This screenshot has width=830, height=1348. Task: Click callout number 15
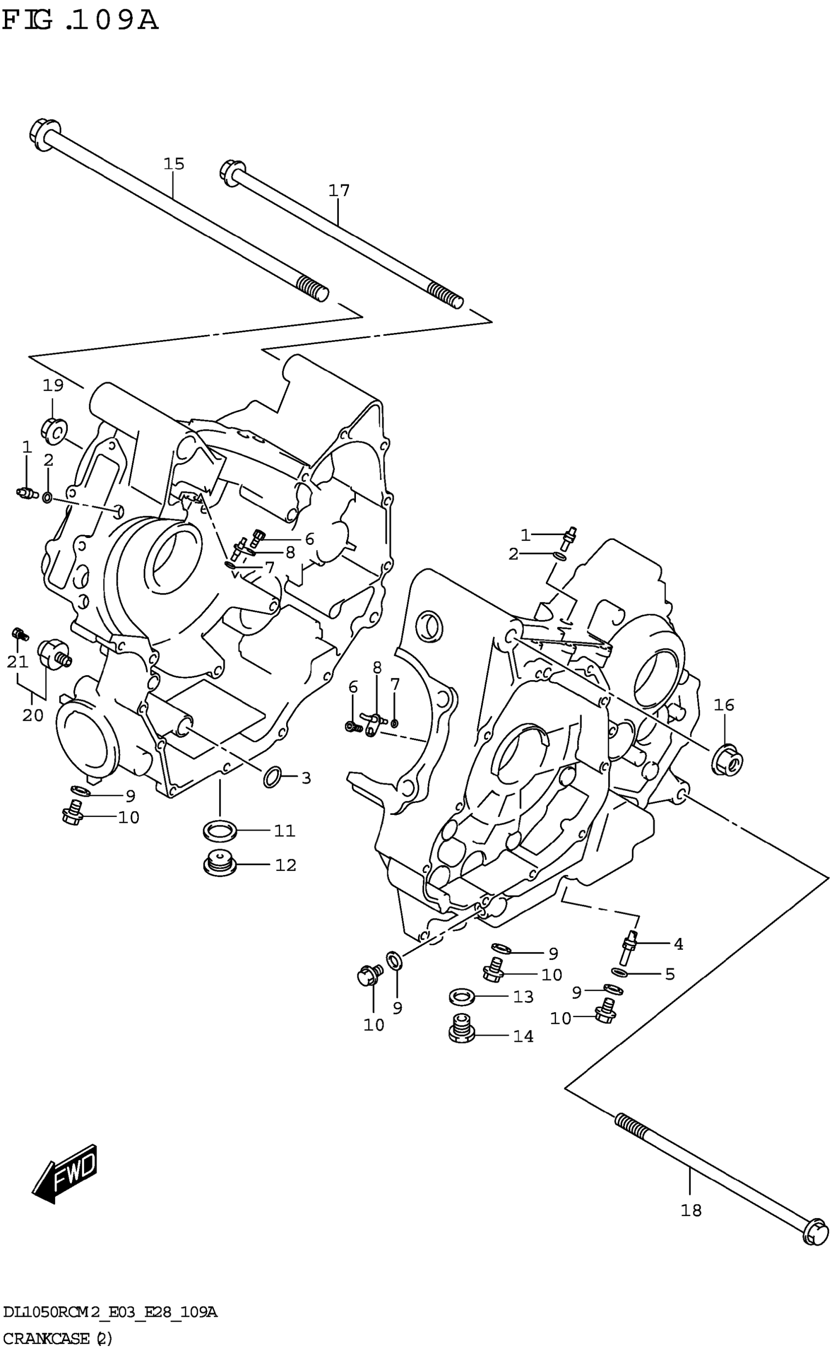(173, 164)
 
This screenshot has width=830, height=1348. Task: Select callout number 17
(339, 190)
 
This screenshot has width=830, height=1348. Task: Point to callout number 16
(724, 705)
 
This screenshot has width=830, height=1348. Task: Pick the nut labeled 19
(54, 430)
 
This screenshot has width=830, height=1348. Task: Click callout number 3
(306, 778)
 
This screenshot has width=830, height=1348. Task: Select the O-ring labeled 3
(273, 777)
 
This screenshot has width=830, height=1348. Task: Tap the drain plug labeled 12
(219, 865)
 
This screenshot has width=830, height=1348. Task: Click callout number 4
(679, 944)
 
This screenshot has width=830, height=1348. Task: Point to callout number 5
(670, 974)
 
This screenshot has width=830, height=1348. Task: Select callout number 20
(32, 715)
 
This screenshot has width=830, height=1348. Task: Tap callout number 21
(17, 662)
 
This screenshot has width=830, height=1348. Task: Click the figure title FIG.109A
(80, 21)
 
